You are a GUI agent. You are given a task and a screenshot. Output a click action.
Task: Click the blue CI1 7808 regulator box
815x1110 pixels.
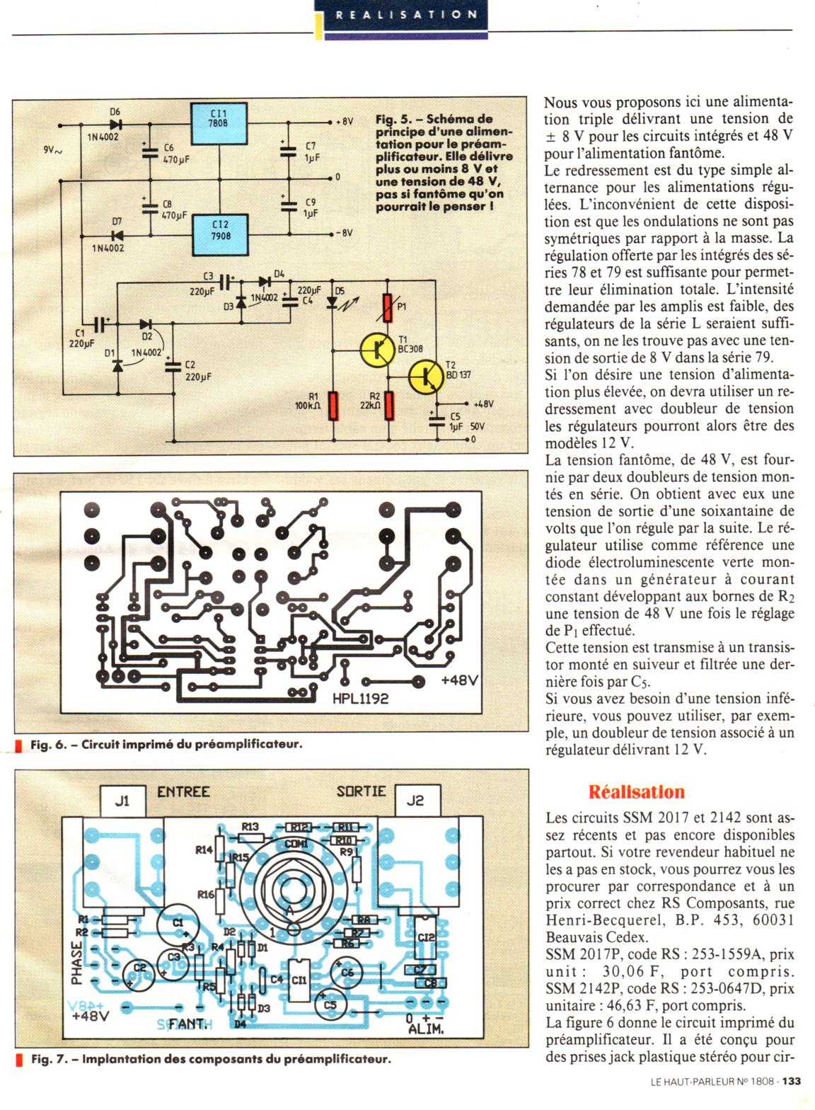click(219, 123)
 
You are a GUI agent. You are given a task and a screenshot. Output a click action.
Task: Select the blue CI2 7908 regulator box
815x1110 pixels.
click(221, 232)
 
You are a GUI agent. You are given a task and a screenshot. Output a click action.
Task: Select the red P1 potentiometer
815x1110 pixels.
click(387, 306)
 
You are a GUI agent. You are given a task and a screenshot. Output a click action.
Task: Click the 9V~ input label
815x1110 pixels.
click(52, 150)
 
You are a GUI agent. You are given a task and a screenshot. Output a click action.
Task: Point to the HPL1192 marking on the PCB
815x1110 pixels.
click(360, 699)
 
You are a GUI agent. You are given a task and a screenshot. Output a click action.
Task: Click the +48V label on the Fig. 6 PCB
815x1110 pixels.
click(459, 680)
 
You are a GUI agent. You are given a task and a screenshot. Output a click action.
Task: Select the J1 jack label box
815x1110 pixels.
click(122, 801)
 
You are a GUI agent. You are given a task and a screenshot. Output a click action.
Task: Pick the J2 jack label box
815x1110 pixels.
click(415, 801)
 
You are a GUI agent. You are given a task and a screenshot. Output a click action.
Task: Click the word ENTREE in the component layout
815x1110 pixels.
click(183, 791)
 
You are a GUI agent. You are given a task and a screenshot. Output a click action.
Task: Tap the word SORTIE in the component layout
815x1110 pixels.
click(361, 791)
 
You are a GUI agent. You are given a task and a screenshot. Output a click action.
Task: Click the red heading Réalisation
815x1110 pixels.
click(637, 791)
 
